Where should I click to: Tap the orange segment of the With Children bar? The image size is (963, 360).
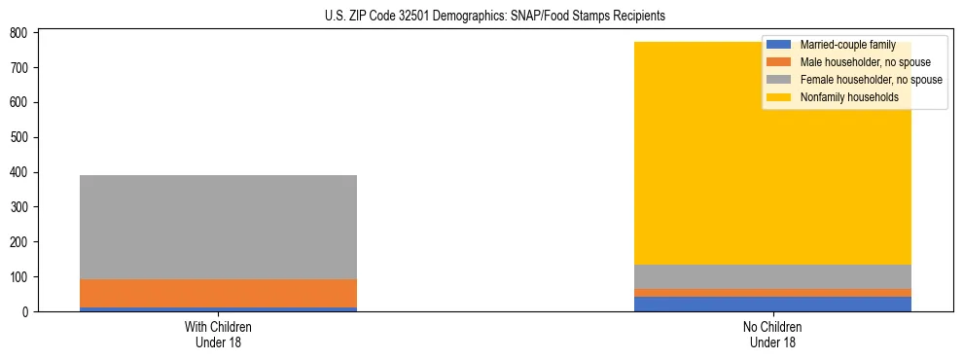(x=218, y=293)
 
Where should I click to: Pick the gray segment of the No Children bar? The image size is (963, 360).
(x=772, y=276)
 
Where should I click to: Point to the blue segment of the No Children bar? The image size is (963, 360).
(x=772, y=304)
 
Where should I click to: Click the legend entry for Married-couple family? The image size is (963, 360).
(x=847, y=45)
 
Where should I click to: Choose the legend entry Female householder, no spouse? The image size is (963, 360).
(x=871, y=80)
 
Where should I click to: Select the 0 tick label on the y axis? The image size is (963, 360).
(x=27, y=311)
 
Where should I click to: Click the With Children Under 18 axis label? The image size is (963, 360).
(x=218, y=334)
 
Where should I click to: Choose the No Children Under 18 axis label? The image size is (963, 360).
(x=772, y=334)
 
